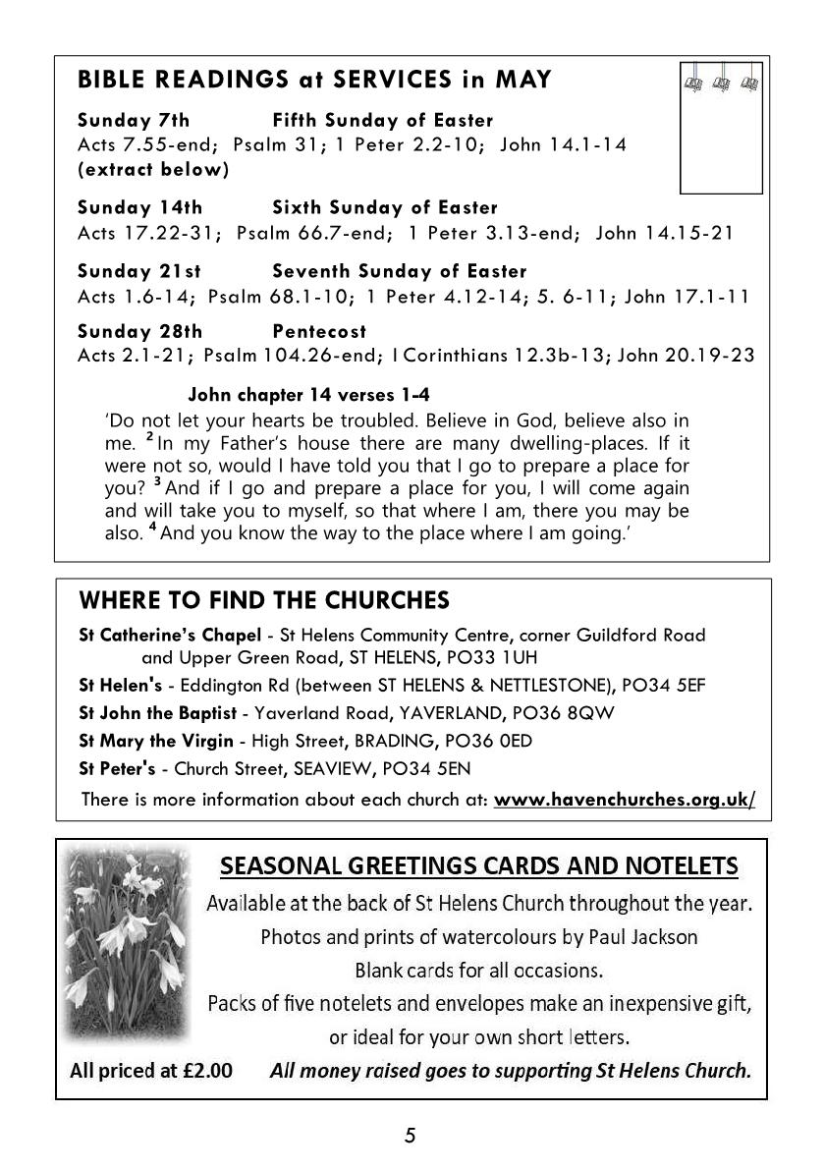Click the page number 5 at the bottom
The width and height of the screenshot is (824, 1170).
(411, 1137)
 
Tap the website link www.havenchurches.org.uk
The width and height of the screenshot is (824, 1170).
(625, 799)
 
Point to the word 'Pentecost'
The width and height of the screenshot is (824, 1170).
(319, 331)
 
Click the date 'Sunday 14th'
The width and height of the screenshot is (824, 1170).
(140, 208)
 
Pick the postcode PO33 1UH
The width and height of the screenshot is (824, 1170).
(488, 657)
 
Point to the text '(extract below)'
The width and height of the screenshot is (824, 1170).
(153, 169)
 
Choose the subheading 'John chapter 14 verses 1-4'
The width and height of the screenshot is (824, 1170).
(308, 396)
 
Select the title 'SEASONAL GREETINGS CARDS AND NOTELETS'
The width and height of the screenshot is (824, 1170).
(479, 865)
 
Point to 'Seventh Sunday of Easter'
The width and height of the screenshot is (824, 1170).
(400, 271)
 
